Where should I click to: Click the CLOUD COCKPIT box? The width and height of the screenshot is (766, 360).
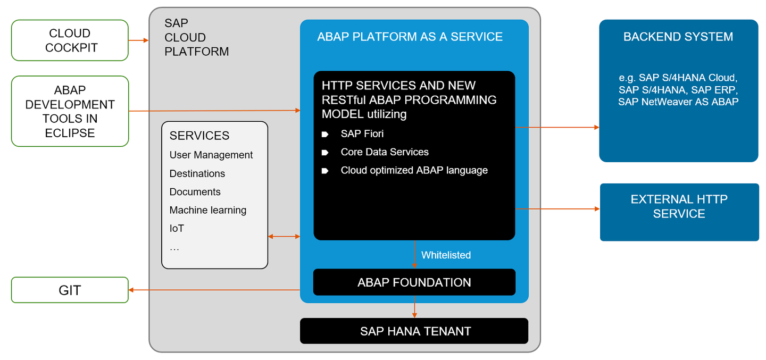point(70,40)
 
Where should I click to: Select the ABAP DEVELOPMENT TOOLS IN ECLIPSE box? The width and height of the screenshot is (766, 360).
point(70,111)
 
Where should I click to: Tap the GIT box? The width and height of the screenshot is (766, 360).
point(70,290)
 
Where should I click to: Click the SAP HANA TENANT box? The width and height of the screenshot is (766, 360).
point(414,331)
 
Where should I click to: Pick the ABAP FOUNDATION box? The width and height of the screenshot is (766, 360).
point(414,282)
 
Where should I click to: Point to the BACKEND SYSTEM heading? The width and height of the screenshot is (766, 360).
point(678,37)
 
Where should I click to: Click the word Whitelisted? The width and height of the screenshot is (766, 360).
point(446,255)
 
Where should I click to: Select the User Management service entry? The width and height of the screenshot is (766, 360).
point(211,155)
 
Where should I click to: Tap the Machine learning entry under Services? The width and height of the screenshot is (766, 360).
point(208,210)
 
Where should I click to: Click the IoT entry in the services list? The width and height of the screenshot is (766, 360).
point(177,229)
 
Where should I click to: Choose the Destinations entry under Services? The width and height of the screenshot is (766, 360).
point(197,174)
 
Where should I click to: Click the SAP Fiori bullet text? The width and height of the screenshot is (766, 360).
point(362,134)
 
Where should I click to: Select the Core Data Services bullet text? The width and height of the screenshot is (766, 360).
point(385,152)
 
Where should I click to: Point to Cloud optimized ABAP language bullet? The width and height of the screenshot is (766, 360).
point(414,170)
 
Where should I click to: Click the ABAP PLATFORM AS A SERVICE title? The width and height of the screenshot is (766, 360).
point(410,37)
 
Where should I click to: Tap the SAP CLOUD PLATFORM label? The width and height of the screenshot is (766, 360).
point(196,37)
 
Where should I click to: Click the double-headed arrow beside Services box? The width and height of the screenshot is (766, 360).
point(284,236)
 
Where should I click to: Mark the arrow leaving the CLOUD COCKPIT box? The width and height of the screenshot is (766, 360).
point(138,40)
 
